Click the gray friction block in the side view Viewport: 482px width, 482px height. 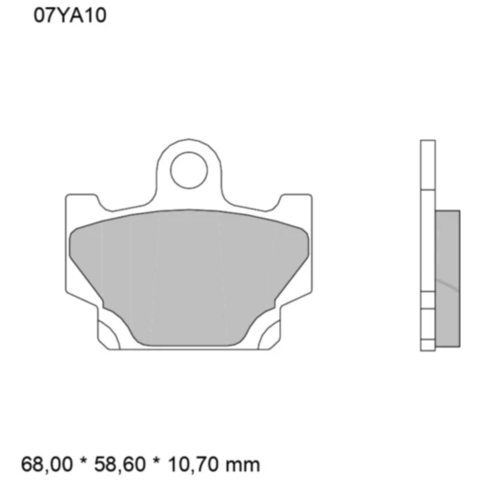[447, 278]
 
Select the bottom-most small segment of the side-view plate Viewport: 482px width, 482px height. [427, 347]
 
